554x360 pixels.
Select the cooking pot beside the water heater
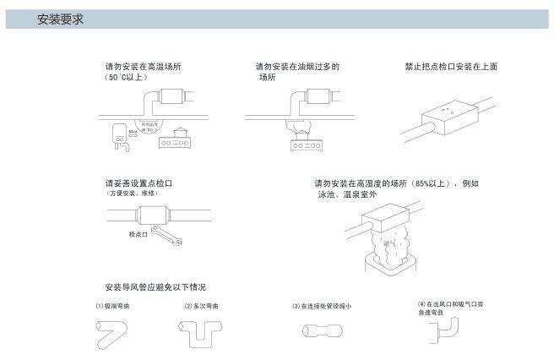[x=181, y=132]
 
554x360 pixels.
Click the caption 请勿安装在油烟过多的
[x=297, y=66]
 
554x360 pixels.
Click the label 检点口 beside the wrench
[x=138, y=234]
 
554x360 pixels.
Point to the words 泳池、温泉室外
[x=346, y=194]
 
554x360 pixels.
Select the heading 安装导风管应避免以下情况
[x=155, y=287]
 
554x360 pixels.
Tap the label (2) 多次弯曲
[x=202, y=305]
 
